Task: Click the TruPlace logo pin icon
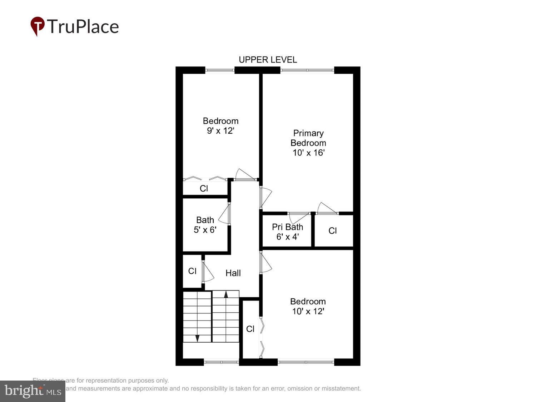click(37, 26)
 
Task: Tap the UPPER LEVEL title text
click(268, 60)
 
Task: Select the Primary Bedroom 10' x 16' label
click(308, 143)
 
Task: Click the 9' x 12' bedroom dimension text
click(220, 131)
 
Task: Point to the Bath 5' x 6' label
click(205, 225)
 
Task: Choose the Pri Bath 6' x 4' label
click(287, 232)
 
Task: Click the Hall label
click(233, 273)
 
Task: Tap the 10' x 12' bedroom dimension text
click(308, 311)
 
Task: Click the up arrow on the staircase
click(226, 294)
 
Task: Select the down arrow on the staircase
click(197, 338)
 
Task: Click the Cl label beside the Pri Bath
click(332, 231)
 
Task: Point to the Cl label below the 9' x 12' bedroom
click(204, 188)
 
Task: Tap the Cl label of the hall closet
click(192, 271)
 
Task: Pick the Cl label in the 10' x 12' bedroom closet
click(250, 329)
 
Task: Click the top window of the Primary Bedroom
click(307, 70)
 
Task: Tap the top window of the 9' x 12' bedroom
click(220, 70)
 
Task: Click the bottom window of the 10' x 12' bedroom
click(306, 362)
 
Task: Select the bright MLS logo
click(33, 391)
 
